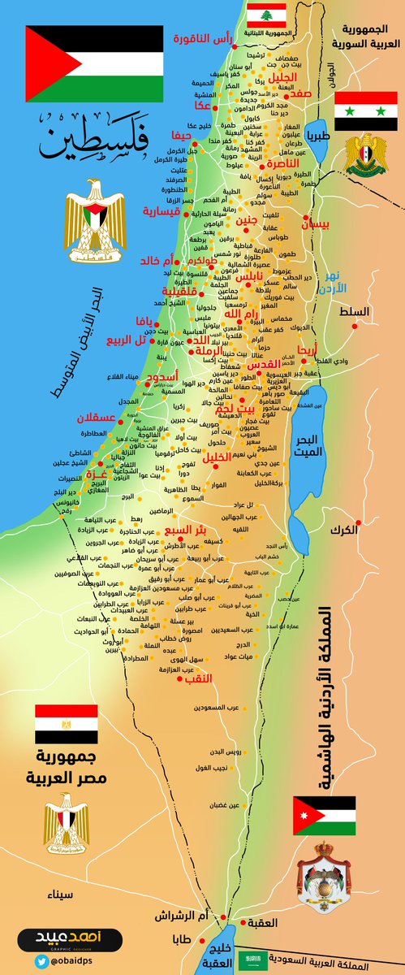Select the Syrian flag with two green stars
(x=365, y=111)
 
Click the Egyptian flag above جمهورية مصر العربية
(x=66, y=724)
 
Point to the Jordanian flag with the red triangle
(x=324, y=815)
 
